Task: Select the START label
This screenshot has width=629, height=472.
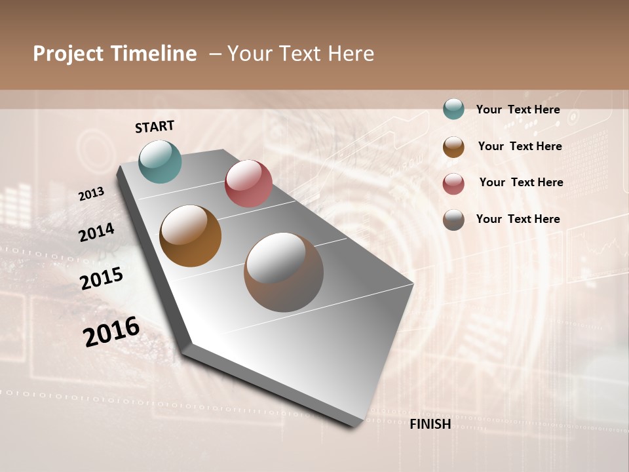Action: [155, 127]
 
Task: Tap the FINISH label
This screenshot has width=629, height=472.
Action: [430, 424]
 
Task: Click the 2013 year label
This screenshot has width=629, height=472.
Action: [92, 194]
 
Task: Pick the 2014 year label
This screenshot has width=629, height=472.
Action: [96, 232]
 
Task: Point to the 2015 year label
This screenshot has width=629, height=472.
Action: [102, 278]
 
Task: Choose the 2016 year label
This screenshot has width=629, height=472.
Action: [111, 332]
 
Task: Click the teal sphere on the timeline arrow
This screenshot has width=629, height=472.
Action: [160, 161]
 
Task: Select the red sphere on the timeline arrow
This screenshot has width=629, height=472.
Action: [248, 184]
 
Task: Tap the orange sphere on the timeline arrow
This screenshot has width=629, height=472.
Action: [191, 236]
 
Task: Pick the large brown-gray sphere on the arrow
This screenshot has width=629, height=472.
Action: [284, 272]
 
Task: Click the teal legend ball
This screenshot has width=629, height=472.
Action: [453, 109]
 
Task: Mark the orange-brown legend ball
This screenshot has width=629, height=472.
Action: [453, 147]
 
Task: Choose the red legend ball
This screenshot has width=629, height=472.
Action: [453, 184]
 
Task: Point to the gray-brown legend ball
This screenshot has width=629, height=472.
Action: [453, 220]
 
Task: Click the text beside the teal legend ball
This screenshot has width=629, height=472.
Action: [518, 109]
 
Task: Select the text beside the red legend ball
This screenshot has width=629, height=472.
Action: [521, 182]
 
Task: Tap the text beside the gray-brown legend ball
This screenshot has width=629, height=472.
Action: [518, 219]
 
